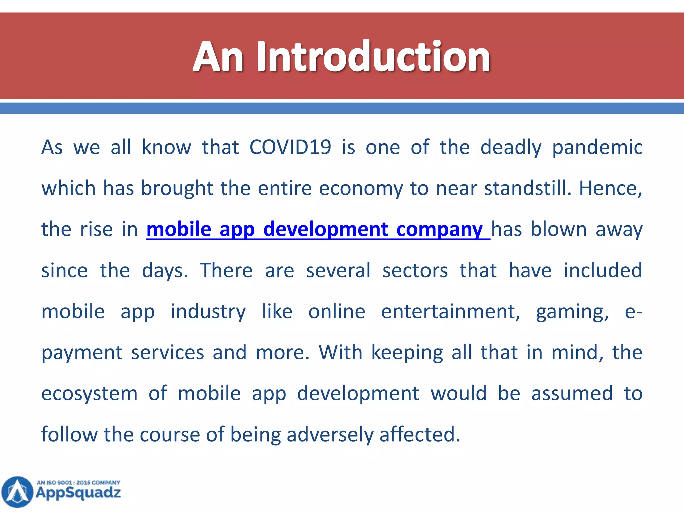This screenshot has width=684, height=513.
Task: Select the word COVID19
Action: [x=290, y=147]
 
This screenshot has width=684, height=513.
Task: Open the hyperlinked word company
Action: [x=440, y=230]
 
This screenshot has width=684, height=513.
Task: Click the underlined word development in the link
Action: [x=326, y=230]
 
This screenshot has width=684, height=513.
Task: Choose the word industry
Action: [x=208, y=312]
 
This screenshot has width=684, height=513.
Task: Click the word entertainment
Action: [x=451, y=312]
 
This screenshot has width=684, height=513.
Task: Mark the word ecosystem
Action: [x=90, y=394]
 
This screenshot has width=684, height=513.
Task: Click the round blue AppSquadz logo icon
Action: [x=17, y=492]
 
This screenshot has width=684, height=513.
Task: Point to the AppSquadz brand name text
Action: [x=78, y=493]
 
